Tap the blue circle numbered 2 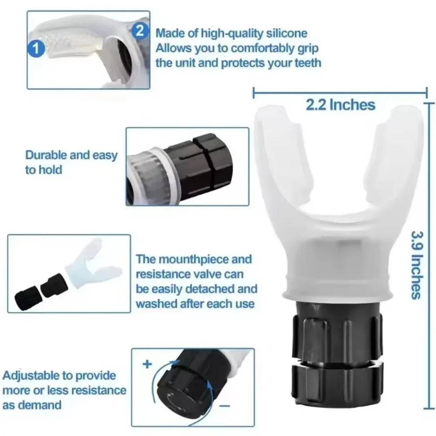coord(140,31)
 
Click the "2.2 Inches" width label coord(341,105)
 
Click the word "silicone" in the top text coord(286,33)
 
